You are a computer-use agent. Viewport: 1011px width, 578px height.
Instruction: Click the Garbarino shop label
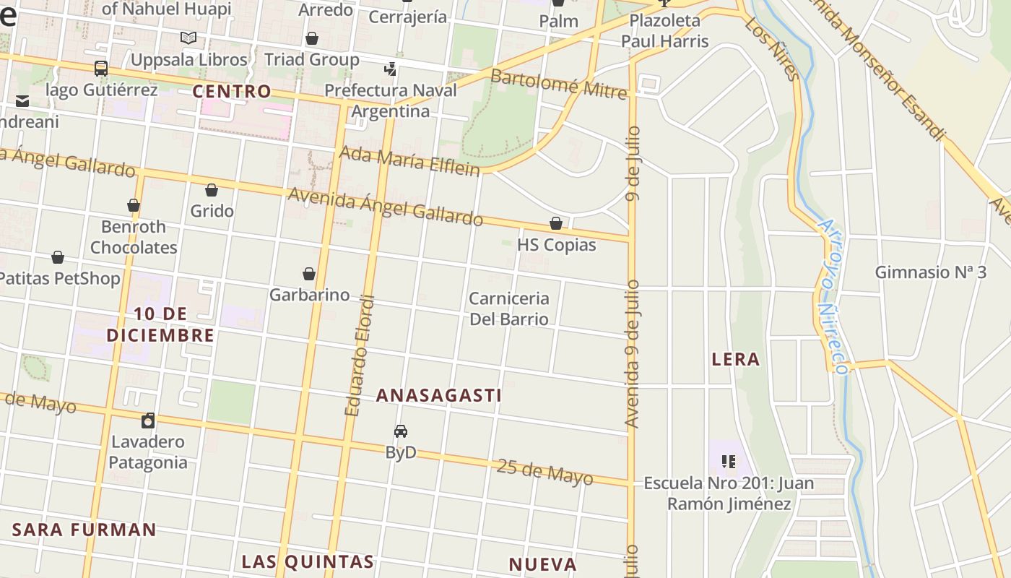[309, 295]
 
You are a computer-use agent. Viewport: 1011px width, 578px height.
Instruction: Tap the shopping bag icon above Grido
[212, 190]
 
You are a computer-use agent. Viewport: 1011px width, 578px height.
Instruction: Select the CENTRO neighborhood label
[232, 92]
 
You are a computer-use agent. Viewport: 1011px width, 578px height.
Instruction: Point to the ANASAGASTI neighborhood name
[439, 395]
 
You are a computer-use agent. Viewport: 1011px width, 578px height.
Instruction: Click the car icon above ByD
[401, 431]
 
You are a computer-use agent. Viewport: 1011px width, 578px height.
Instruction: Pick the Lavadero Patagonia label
[148, 452]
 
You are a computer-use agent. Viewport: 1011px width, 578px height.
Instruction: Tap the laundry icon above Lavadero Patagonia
[148, 420]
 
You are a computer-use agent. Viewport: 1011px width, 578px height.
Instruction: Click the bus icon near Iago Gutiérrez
[101, 69]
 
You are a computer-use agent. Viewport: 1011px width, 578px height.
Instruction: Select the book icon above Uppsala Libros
[188, 38]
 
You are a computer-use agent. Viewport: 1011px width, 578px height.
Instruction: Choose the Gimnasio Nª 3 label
[930, 272]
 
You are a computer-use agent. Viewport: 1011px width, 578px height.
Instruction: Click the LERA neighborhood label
[736, 359]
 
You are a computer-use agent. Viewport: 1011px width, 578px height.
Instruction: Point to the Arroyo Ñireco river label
[831, 296]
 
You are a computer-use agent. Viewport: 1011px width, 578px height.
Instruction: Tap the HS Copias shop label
[557, 245]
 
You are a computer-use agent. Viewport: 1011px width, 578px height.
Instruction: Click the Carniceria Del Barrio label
[509, 309]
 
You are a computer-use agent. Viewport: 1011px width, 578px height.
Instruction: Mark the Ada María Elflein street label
[409, 161]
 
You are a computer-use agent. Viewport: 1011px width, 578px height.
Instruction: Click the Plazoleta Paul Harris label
[665, 30]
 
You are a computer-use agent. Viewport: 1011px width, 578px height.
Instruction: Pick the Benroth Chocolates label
[134, 237]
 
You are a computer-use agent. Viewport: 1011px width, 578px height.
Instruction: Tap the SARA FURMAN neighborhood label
[84, 530]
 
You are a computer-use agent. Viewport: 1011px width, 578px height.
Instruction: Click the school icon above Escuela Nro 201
[728, 460]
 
